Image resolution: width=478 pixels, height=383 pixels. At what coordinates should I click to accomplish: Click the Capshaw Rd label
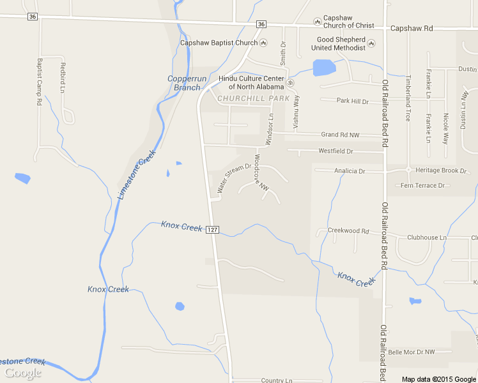point(412,29)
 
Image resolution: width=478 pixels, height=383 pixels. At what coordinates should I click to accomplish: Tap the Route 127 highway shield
point(213,229)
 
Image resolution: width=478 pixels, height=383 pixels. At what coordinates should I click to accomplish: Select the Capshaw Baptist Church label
point(219,43)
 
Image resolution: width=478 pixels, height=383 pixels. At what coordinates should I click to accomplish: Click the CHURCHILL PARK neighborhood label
point(253,99)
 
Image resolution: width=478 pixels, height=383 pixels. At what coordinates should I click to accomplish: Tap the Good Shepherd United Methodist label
point(341,43)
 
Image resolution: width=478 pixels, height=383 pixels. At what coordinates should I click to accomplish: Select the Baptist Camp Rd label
point(40,82)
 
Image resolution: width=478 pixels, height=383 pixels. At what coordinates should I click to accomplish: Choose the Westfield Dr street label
point(335,151)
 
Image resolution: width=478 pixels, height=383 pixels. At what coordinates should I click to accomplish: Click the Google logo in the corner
point(23,373)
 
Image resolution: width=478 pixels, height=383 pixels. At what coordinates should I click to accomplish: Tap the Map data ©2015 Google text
point(439,379)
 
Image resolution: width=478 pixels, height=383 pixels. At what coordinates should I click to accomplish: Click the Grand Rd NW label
point(341,135)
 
